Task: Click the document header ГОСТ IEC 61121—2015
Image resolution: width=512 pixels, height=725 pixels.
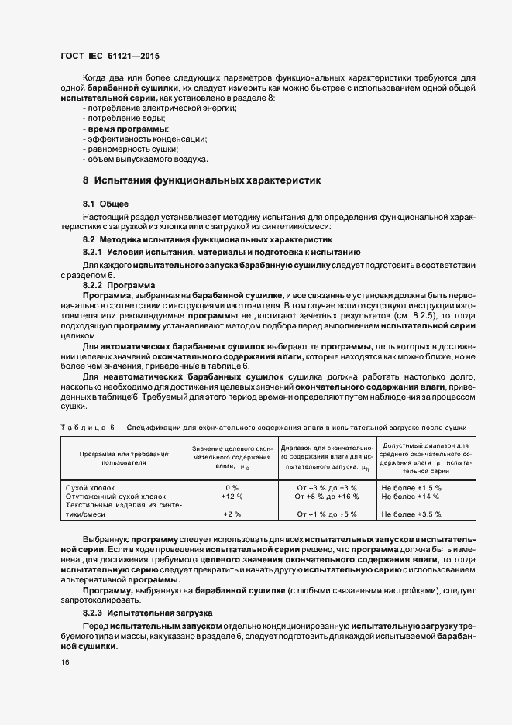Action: tap(110, 57)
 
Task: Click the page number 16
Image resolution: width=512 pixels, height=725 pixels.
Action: tap(64, 662)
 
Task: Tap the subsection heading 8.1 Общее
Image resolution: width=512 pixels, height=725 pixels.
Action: tap(100, 203)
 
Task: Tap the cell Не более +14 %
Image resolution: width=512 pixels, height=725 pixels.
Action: tap(411, 496)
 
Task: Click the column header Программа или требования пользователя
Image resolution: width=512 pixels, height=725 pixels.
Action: tap(118, 457)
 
